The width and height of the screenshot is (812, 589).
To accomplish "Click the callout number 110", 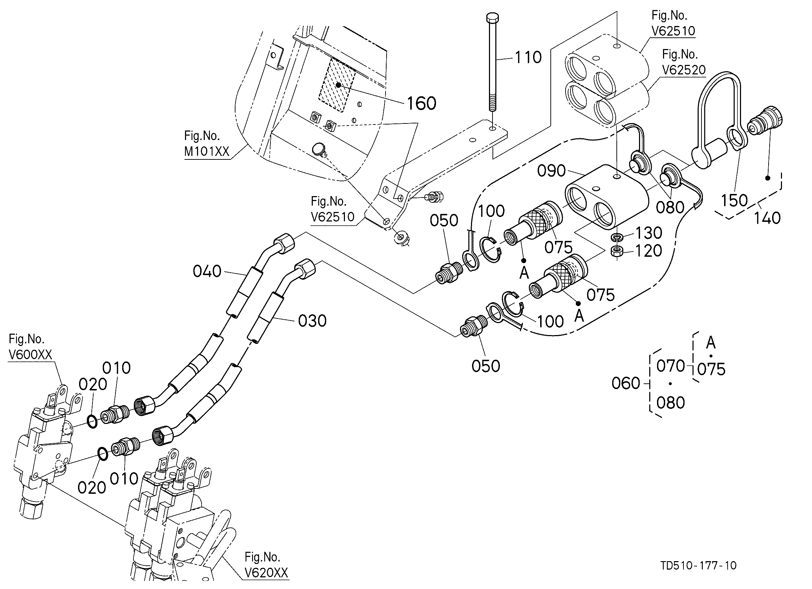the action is [x=528, y=57].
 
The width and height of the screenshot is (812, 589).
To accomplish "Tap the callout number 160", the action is [x=422, y=103].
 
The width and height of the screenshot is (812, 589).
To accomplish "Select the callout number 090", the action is [x=551, y=171].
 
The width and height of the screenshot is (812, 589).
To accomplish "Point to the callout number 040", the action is [x=207, y=272].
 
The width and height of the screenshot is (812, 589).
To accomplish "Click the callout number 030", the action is [x=312, y=321].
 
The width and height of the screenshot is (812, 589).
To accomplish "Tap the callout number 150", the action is [x=734, y=201].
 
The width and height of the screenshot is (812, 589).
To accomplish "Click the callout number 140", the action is [x=767, y=218].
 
